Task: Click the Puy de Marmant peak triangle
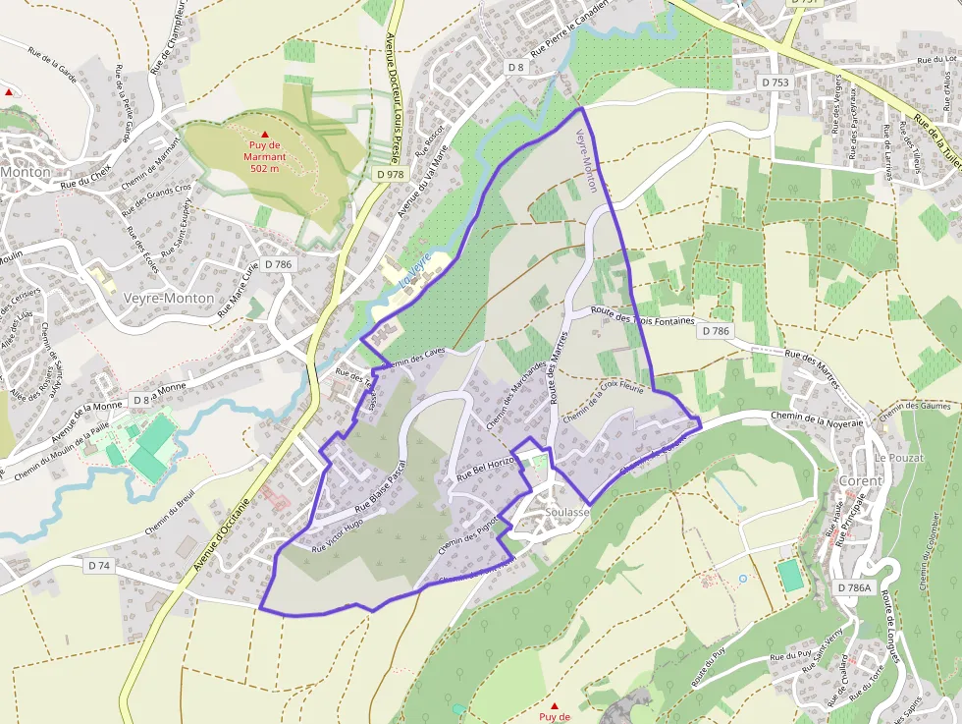(264, 134)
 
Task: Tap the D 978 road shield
(390, 174)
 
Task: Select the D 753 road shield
(775, 83)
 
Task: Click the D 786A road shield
(854, 587)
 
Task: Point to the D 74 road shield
(99, 566)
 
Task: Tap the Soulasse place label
(568, 513)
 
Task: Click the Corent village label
(861, 481)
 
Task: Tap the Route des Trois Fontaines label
(642, 316)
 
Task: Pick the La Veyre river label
(415, 270)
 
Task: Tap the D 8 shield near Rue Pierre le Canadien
(516, 67)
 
